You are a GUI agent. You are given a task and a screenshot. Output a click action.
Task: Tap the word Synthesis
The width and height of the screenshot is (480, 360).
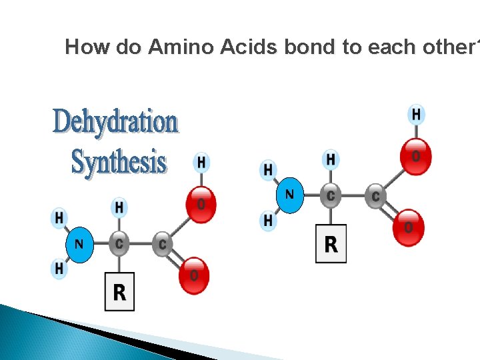pyautogui.click(x=119, y=162)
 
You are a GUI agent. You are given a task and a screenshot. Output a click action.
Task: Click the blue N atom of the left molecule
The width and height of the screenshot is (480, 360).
pyautogui.click(x=79, y=244)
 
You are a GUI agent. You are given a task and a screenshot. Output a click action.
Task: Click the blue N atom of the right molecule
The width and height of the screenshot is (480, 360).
pyautogui.click(x=289, y=195)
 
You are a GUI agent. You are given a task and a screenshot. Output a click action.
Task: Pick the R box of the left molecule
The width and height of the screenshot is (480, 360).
pyautogui.click(x=119, y=292)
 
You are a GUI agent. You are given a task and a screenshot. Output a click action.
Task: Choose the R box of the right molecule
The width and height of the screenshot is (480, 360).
pyautogui.click(x=331, y=244)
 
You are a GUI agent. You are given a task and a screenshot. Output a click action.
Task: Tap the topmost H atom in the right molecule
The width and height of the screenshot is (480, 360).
pyautogui.click(x=416, y=115)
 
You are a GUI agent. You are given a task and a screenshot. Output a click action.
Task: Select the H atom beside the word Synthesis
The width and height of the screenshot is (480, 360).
pyautogui.click(x=201, y=162)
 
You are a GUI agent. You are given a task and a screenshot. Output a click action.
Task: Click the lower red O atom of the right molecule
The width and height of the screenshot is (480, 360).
pyautogui.click(x=408, y=228)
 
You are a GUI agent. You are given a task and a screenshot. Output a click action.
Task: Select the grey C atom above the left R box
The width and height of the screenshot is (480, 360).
pyautogui.click(x=119, y=244)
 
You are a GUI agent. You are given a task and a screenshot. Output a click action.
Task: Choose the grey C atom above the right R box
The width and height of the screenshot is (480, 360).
pyautogui.click(x=331, y=196)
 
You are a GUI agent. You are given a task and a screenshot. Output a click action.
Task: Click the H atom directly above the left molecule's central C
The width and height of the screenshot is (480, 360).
pyautogui.click(x=119, y=208)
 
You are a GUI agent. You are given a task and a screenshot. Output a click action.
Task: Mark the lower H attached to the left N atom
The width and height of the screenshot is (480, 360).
pyautogui.click(x=59, y=268)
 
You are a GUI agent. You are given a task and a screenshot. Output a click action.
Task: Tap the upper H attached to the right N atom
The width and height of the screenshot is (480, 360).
pyautogui.click(x=268, y=170)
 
